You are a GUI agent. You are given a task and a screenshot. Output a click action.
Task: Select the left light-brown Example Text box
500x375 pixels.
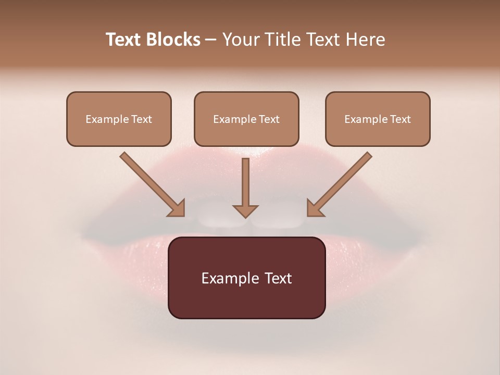(119, 119)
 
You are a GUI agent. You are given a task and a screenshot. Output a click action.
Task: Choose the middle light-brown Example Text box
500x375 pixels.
(246, 119)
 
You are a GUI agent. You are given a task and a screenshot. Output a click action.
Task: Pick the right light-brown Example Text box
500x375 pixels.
(378, 119)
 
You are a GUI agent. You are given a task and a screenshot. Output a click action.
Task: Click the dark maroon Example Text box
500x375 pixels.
(246, 278)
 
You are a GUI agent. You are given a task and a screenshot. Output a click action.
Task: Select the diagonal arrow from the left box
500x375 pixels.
(151, 183)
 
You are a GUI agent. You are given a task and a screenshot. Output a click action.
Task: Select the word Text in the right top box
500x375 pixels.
(400, 119)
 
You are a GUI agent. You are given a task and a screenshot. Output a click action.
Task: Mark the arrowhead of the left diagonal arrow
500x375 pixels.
(177, 208)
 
